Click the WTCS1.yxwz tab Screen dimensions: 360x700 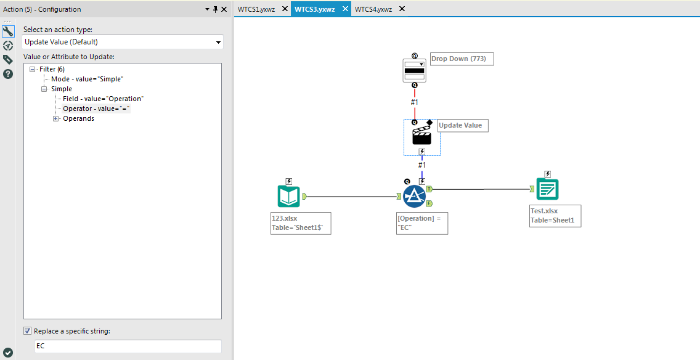coord(256,9)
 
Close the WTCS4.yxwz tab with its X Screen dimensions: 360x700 coord(402,9)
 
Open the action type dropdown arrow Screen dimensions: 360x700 coord(218,43)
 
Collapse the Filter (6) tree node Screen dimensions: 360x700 coord(32,70)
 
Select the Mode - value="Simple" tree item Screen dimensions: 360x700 coord(87,80)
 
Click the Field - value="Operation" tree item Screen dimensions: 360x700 coord(102,99)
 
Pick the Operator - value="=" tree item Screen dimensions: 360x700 coord(96,108)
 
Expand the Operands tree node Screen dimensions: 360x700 coord(56,119)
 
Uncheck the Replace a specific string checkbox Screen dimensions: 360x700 coord(28,331)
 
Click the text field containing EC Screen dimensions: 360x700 coord(128,346)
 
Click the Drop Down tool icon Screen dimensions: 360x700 coord(415,70)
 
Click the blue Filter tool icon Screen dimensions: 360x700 coord(414,196)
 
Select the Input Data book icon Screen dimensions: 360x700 coord(288,196)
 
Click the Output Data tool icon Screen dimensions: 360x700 coord(547,189)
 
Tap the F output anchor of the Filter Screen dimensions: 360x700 coord(429,203)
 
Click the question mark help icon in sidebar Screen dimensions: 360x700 coord(8,74)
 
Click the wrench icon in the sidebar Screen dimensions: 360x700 coord(8,31)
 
